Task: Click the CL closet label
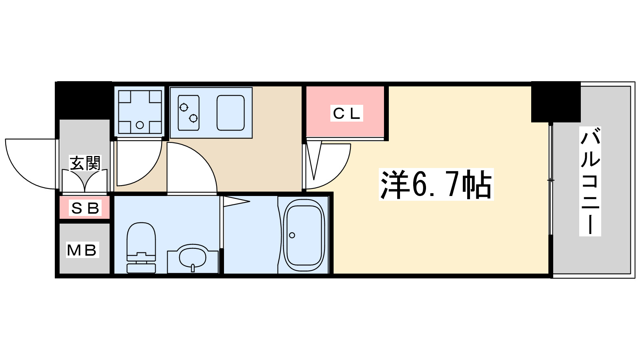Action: pyautogui.click(x=346, y=114)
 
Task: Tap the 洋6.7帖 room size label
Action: pyautogui.click(x=436, y=185)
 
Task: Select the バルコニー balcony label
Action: pyautogui.click(x=590, y=181)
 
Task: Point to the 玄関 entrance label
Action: pyautogui.click(x=85, y=163)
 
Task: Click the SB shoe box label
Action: pyautogui.click(x=85, y=208)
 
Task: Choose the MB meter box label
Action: pyautogui.click(x=82, y=250)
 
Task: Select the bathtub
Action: pyautogui.click(x=304, y=236)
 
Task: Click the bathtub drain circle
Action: pyautogui.click(x=292, y=235)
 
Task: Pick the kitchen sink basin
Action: pyautogui.click(x=230, y=113)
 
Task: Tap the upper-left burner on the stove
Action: pyautogui.click(x=184, y=107)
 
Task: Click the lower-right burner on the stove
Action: pyautogui.click(x=194, y=118)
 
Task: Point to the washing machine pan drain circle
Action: pyautogui.click(x=140, y=125)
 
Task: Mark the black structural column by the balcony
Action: pyautogui.click(x=556, y=102)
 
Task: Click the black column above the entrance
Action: pyautogui.click(x=84, y=100)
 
